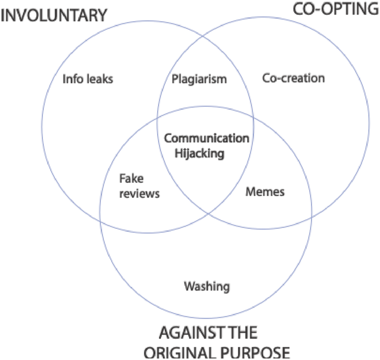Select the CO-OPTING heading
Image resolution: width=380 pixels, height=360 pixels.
(x=335, y=10)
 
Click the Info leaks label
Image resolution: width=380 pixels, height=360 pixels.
(x=88, y=79)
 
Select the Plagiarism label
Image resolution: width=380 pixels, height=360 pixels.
(x=199, y=79)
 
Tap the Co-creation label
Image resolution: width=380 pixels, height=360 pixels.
(x=294, y=78)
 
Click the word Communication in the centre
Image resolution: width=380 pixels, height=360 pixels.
(x=206, y=138)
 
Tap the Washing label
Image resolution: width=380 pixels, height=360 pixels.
(x=207, y=286)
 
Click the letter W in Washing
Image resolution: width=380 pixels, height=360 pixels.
(x=189, y=286)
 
